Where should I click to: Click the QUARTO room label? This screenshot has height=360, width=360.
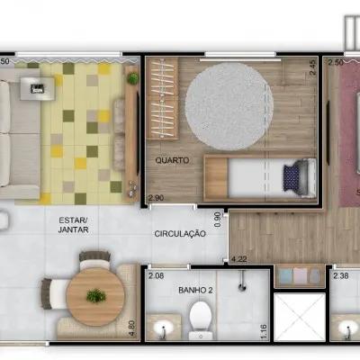pyautogui.click(x=172, y=160)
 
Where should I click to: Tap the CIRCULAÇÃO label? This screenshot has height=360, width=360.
pyautogui.click(x=180, y=234)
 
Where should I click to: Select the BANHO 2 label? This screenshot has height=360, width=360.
pyautogui.click(x=195, y=290)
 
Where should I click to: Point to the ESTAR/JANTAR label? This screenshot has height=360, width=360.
pyautogui.click(x=74, y=225)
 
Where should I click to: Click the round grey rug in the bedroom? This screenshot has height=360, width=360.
pyautogui.click(x=229, y=106)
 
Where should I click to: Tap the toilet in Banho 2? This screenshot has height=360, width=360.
pyautogui.click(x=201, y=319)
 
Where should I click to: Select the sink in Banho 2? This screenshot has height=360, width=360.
pyautogui.click(x=163, y=328)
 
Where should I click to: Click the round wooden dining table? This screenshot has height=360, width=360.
pyautogui.click(x=95, y=297)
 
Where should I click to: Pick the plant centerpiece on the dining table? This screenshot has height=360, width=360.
pyautogui.click(x=96, y=296)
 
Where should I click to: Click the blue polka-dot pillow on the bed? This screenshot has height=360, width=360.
pyautogui.click(x=292, y=177)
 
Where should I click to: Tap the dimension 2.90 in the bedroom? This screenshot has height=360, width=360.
pyautogui.click(x=156, y=198)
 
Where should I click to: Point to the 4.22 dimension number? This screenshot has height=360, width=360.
pyautogui.click(x=238, y=259)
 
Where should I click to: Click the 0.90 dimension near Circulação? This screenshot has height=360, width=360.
pyautogui.click(x=219, y=220)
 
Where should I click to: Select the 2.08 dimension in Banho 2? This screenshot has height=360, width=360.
pyautogui.click(x=156, y=275)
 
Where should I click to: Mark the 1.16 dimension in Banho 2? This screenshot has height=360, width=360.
pyautogui.click(x=264, y=332)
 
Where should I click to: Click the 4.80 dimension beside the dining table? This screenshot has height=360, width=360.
pyautogui.click(x=134, y=328)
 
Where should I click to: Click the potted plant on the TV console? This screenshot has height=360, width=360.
pyautogui.click(x=132, y=78)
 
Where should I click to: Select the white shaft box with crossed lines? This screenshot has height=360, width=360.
pyautogui.click(x=300, y=317)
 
